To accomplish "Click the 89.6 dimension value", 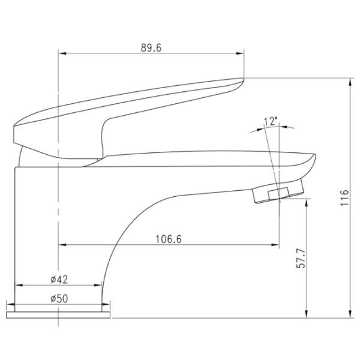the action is [x=151, y=48].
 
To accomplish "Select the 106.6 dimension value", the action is [x=169, y=239].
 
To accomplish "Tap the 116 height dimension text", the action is [x=344, y=198].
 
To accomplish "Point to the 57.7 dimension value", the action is [x=301, y=259].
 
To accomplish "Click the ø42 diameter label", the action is [x=59, y=280].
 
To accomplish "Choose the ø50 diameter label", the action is [x=59, y=299].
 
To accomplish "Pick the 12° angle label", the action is [x=271, y=121].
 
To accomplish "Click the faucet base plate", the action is [x=58, y=315].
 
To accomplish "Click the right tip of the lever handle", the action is [x=243, y=79].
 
